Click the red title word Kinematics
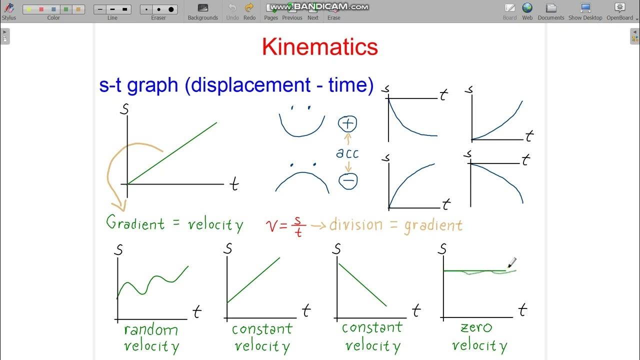coord(319,47)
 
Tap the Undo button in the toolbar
coord(232,8)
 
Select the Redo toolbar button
coord(249,8)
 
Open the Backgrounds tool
coord(202,8)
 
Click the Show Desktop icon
coord(585,8)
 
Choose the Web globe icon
coord(527,8)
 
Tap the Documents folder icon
coord(551,8)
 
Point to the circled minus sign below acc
coord(348,180)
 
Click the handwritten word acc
coord(347,152)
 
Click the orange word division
coord(355,224)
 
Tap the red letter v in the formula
coord(272,226)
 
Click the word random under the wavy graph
coord(150,330)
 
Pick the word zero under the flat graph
coord(476,328)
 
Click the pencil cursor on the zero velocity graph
coord(511,262)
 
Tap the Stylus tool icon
coord(8,8)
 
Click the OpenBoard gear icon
coord(620,8)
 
